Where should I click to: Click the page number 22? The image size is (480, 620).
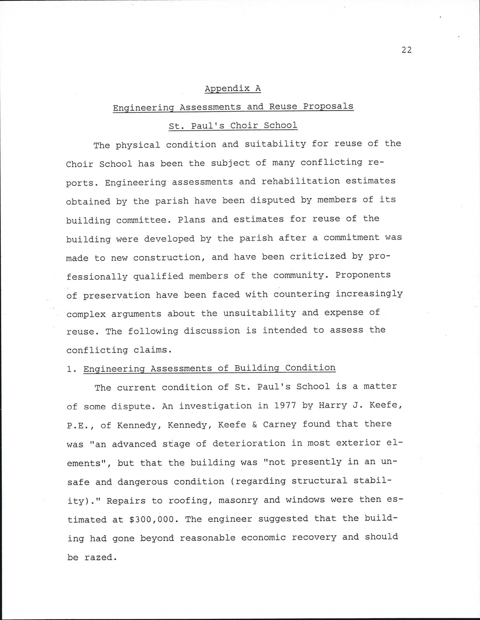coord(406,50)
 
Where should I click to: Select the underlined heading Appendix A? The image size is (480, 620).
coord(233,88)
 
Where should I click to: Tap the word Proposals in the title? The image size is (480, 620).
coord(328,106)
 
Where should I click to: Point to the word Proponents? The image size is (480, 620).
coord(363,275)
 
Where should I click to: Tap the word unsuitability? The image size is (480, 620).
coord(260,313)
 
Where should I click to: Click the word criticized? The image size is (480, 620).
coord(318,256)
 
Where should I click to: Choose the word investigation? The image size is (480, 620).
coord(215,406)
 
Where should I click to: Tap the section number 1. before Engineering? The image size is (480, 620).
coord(71,369)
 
